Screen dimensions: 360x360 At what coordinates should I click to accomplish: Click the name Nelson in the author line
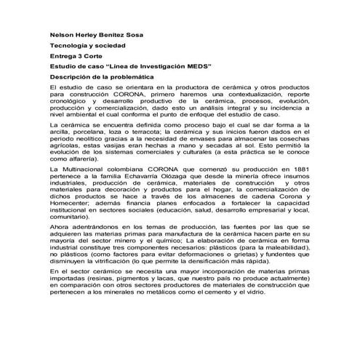(x=62, y=33)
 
